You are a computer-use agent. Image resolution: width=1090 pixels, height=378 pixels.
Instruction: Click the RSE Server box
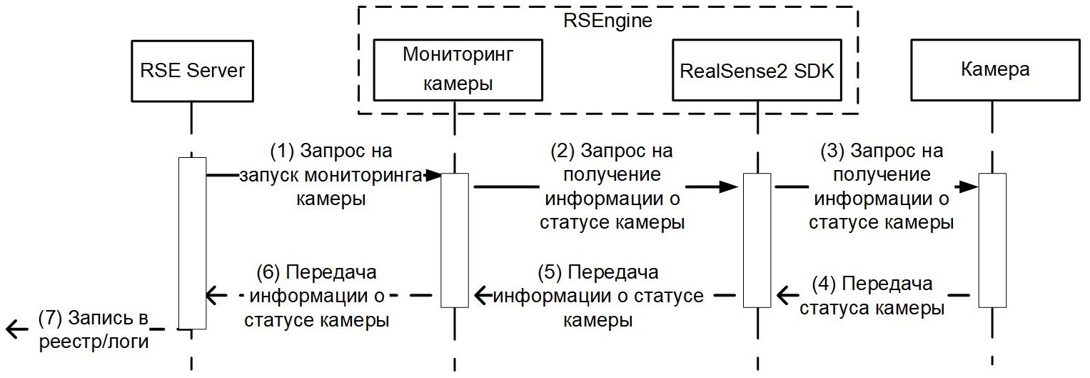[x=191, y=70]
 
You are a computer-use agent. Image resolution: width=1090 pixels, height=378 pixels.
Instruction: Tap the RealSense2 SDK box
[x=757, y=70]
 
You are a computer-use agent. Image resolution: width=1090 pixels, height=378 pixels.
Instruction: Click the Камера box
[x=994, y=70]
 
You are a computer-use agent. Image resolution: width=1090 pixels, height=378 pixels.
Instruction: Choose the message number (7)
[x=52, y=319]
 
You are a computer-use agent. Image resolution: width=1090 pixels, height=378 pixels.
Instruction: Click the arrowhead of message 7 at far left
[x=12, y=329]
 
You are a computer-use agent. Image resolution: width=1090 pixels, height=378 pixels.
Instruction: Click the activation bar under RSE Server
[x=191, y=243]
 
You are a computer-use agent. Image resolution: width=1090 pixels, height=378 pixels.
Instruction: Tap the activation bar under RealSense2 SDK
[x=757, y=239]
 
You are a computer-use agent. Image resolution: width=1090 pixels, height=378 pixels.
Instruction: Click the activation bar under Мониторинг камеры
[x=454, y=239]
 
